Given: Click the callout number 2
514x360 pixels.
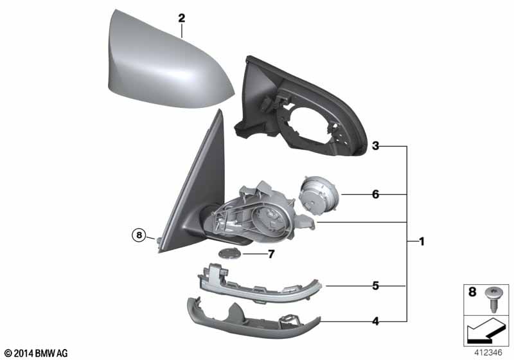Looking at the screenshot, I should point(182,19).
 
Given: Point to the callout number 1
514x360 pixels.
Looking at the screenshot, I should point(421,242).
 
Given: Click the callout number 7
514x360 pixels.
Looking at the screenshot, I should point(271,254).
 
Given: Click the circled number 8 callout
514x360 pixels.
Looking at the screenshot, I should point(140,235).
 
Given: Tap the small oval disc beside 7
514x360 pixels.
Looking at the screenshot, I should point(230,253).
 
